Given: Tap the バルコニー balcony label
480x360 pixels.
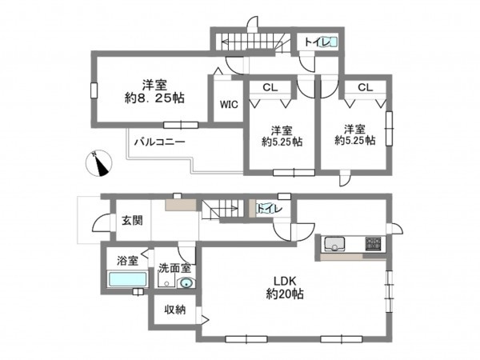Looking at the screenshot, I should click(x=159, y=141).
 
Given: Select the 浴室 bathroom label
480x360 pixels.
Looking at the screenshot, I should click(x=126, y=260).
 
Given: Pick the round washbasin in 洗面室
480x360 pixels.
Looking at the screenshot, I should click(x=186, y=283).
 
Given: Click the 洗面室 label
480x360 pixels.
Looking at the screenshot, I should click(x=174, y=269).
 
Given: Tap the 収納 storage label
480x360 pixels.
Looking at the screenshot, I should click(x=175, y=310).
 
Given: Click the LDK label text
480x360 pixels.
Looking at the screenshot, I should click(x=286, y=280).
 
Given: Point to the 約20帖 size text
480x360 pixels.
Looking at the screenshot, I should click(x=286, y=294).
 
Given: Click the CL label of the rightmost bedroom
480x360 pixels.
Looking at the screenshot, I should click(x=365, y=86).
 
